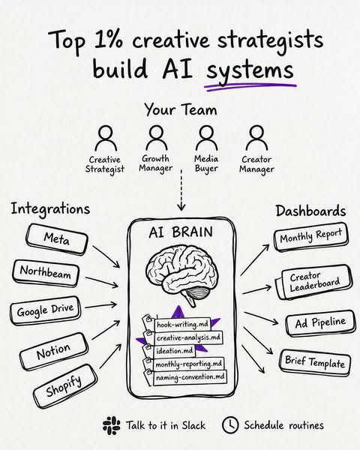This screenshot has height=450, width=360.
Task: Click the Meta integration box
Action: pyautogui.click(x=57, y=240)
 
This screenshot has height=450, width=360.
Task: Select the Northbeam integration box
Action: pyautogui.click(x=45, y=273)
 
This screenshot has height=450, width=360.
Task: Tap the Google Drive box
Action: pyautogui.click(x=45, y=310)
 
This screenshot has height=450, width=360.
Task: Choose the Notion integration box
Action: pyautogui.click(x=54, y=352)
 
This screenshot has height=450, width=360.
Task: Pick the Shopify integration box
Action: pyautogui.click(x=65, y=386)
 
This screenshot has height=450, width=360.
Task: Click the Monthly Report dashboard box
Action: pyautogui.click(x=311, y=237)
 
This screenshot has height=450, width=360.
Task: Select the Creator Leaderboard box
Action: pyautogui.click(x=314, y=283)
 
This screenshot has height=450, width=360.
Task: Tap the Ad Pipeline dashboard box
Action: pyautogui.click(x=321, y=323)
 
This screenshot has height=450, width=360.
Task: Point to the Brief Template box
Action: pyautogui.click(x=315, y=362)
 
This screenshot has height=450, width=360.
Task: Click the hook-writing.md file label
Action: pyautogui.click(x=182, y=325)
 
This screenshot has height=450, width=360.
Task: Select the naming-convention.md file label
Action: pyautogui.click(x=190, y=377)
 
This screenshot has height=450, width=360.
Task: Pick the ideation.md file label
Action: pyautogui.click(x=175, y=351)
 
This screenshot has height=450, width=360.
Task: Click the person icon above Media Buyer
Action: pyautogui.click(x=206, y=138)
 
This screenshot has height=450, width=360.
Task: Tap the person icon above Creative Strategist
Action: pyautogui.click(x=106, y=138)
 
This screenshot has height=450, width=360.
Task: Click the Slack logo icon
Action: pyautogui.click(x=112, y=425)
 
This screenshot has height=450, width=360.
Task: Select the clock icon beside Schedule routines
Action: pyautogui.click(x=230, y=425)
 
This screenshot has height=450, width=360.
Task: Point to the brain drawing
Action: pyautogui.click(x=181, y=274)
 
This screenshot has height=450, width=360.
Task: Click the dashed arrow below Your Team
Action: pyautogui.click(x=181, y=190)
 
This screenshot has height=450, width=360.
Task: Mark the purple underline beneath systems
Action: pyautogui.click(x=250, y=87)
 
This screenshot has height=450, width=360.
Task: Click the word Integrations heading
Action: pyautogui.click(x=50, y=209)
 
